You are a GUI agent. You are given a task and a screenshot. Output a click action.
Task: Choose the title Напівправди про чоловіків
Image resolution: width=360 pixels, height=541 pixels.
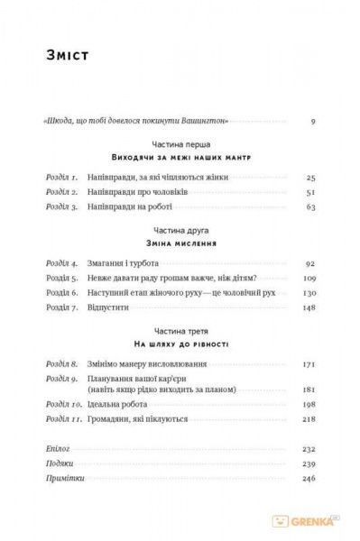pos(141,193)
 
